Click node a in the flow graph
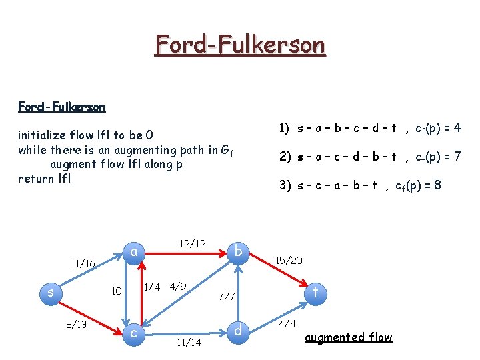(134, 251)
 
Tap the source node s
(51, 291)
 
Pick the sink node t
(315, 291)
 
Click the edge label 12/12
(193, 243)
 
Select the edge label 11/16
(83, 264)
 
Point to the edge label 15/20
(289, 260)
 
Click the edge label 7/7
(227, 295)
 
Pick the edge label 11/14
(189, 343)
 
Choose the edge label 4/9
(177, 287)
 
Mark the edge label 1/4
(152, 287)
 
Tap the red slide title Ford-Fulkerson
(240, 45)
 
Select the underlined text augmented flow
(348, 337)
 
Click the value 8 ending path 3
(437, 185)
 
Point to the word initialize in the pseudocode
(43, 137)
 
